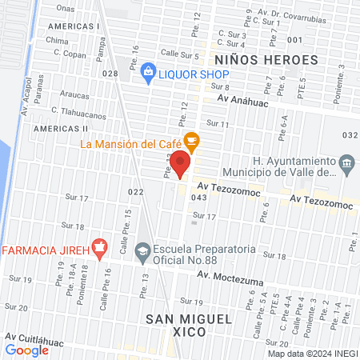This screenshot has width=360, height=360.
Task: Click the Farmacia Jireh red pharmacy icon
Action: tap(99, 249)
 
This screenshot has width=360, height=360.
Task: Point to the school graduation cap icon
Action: tap(142, 250)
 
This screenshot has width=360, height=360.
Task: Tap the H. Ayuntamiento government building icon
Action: tap(346, 166)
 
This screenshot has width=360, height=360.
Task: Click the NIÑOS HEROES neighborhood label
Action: tap(261, 59)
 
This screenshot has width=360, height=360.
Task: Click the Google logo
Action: tap(27, 350)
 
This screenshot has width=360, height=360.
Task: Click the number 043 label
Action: tap(199, 198)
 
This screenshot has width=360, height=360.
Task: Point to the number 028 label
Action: tap(110, 74)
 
